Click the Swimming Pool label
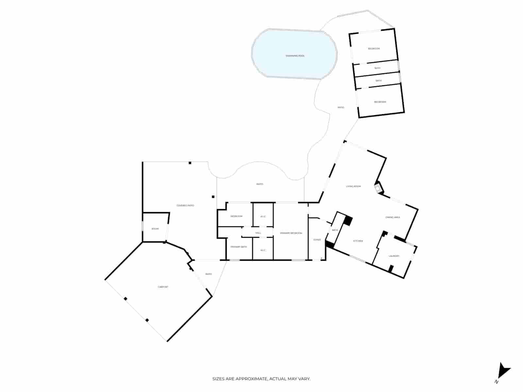(x=295, y=56)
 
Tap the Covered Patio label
(x=185, y=205)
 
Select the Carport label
(x=163, y=287)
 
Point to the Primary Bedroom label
(x=291, y=233)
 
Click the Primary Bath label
(x=239, y=247)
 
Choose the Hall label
(x=258, y=233)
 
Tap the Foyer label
(x=317, y=240)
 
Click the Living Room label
(x=353, y=186)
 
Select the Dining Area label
(x=393, y=217)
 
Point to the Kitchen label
(x=358, y=241)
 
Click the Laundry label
(x=394, y=256)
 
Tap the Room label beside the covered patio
(x=155, y=229)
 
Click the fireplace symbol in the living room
(x=378, y=188)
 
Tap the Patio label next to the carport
(x=209, y=274)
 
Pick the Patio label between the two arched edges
(x=260, y=184)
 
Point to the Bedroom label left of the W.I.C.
(x=236, y=216)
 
